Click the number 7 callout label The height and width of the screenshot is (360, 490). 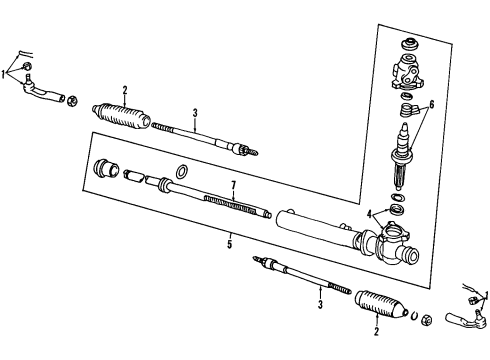[233, 185]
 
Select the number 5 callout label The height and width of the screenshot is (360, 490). [229, 244]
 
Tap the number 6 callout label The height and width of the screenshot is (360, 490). [432, 105]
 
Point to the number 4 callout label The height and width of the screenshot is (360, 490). [369, 214]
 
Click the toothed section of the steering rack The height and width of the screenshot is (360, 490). [231, 205]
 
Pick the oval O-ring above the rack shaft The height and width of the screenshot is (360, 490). [181, 172]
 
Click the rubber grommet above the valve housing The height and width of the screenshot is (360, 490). [410, 45]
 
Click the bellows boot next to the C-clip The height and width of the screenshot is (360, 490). [381, 303]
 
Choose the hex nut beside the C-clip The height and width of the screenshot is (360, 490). [426, 319]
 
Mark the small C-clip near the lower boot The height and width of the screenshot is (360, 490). [413, 315]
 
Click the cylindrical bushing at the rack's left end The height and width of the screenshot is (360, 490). [106, 169]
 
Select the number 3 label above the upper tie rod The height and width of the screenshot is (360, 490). [195, 113]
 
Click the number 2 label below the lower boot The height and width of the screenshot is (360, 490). [376, 332]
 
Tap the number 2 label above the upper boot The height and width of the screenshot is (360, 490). [125, 90]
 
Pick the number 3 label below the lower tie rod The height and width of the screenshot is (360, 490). [320, 304]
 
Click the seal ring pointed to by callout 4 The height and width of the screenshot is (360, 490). [397, 210]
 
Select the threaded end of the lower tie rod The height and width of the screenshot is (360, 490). [340, 288]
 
